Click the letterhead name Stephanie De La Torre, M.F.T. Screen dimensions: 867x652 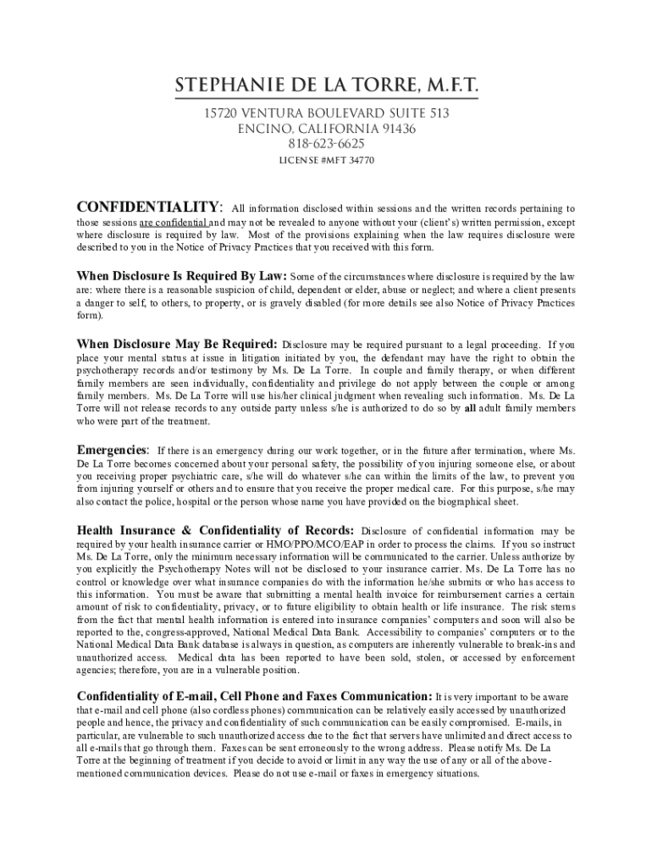(x=326, y=86)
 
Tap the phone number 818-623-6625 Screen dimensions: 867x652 (x=326, y=144)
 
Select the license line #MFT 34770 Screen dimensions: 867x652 (x=326, y=160)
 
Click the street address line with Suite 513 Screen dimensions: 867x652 (x=326, y=113)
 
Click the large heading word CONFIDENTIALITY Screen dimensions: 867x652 (x=149, y=207)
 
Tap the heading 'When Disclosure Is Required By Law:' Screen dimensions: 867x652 (x=182, y=276)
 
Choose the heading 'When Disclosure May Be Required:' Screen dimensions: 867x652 (x=177, y=344)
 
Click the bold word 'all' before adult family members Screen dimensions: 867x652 (x=470, y=408)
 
